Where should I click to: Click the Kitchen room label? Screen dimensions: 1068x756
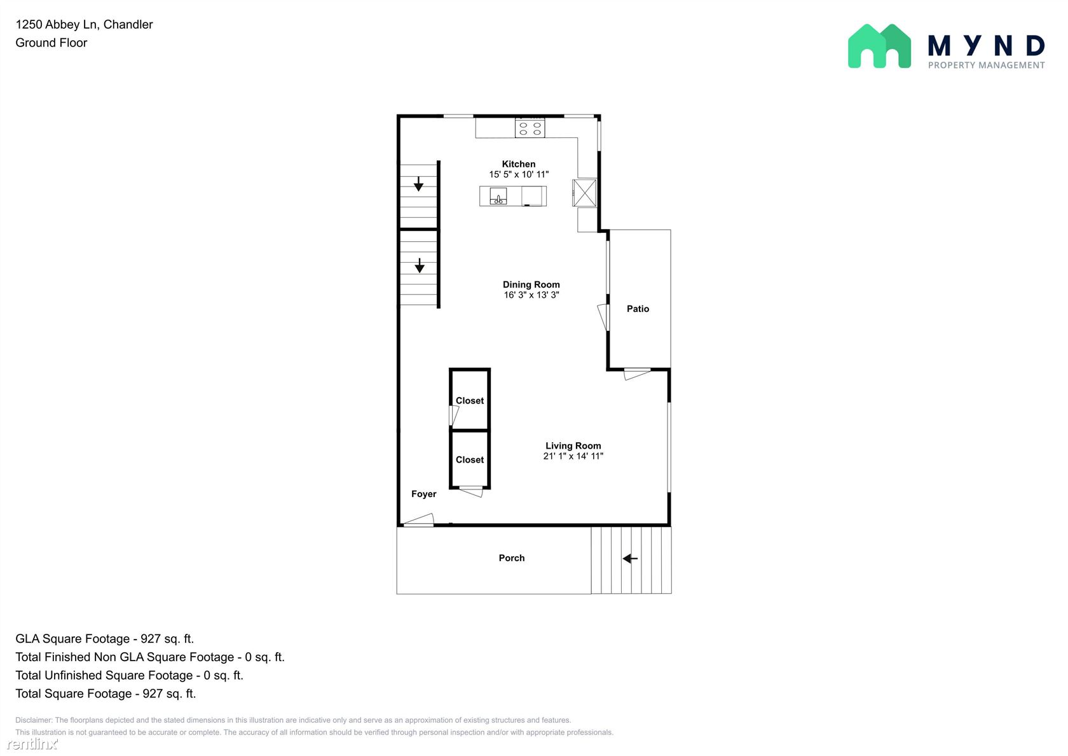[518, 164]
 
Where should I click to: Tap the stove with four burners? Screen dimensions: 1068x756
[530, 128]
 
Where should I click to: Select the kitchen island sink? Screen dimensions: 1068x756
[498, 196]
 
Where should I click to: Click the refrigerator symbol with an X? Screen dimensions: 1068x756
[584, 193]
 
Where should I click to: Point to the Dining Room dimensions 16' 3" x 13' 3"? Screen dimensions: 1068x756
[531, 295]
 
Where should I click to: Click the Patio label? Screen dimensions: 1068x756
[638, 309]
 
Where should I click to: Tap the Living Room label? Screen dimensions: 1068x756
[573, 445]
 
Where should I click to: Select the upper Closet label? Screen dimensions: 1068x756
[470, 400]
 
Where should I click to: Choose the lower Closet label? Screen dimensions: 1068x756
[470, 459]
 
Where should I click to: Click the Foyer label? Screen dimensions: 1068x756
[424, 494]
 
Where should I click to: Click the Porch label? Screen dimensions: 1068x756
[512, 558]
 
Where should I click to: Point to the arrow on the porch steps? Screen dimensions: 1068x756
[631, 559]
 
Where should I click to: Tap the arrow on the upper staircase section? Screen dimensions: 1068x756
[418, 184]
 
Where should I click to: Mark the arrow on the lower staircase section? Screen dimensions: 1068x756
[419, 265]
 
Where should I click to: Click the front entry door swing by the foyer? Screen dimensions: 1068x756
[418, 520]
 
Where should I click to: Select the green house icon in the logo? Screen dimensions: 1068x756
[879, 46]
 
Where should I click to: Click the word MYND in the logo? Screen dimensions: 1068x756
[986, 46]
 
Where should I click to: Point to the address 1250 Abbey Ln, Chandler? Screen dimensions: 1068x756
[84, 24]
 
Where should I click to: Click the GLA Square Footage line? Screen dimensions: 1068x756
[104, 639]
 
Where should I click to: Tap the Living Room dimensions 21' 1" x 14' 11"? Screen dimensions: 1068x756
[573, 456]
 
